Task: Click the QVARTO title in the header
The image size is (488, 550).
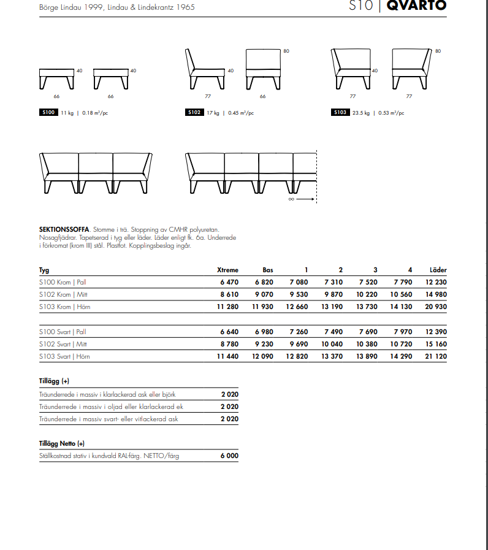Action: [417, 6]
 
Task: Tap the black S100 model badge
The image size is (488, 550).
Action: [48, 112]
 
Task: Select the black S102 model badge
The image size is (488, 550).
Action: [194, 112]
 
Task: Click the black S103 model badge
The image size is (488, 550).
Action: [340, 112]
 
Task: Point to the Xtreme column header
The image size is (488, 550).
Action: [227, 270]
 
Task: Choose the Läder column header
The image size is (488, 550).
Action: [438, 270]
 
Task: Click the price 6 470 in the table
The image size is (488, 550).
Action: [229, 282]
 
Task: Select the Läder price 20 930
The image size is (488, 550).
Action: [436, 307]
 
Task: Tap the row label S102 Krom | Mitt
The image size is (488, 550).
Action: [63, 294]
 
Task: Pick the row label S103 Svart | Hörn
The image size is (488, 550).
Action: [64, 356]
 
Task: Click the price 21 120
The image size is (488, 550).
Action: [436, 356]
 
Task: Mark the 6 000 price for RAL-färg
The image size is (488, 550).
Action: [229, 456]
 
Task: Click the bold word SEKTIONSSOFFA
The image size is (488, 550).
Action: [64, 229]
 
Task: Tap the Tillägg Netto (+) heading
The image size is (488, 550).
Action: [62, 443]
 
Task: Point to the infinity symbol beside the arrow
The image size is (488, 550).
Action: [291, 199]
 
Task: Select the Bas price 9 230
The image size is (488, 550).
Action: [264, 344]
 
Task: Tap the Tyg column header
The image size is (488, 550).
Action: [44, 270]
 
